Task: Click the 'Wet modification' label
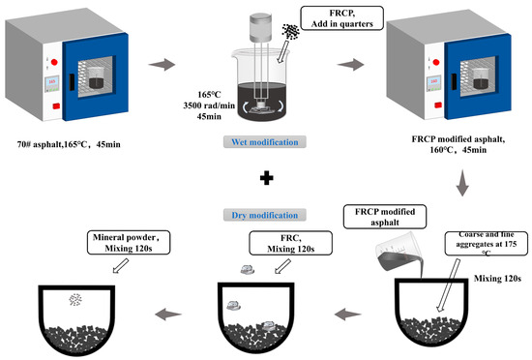265,142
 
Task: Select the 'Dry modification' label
265,215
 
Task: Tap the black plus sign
267,178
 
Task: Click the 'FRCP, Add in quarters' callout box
342,18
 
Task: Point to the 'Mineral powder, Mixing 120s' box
129,243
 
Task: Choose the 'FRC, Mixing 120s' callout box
291,243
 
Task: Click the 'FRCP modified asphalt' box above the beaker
385,217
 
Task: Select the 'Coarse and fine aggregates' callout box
487,243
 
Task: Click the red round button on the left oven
54,62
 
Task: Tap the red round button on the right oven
436,62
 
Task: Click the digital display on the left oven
52,83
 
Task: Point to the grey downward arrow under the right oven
462,183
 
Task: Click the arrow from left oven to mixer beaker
162,64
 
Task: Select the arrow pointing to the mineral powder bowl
168,315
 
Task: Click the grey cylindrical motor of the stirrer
260,28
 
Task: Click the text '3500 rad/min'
209,105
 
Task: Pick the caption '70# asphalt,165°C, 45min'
69,144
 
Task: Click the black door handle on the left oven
72,82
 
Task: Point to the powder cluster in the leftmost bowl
75,300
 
